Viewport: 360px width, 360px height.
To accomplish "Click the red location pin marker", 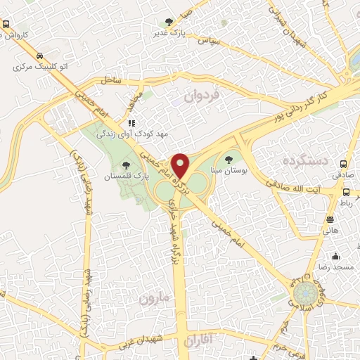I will (181, 166).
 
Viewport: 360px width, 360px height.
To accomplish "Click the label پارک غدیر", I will (168, 32).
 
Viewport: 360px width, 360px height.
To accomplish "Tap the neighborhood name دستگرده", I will (304, 162).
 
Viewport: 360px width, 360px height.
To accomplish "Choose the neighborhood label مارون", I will (155, 299).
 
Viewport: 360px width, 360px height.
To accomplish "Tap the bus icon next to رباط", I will (347, 192).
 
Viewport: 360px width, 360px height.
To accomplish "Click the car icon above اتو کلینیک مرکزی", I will (39, 56).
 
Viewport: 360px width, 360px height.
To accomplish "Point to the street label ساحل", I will (111, 81).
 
